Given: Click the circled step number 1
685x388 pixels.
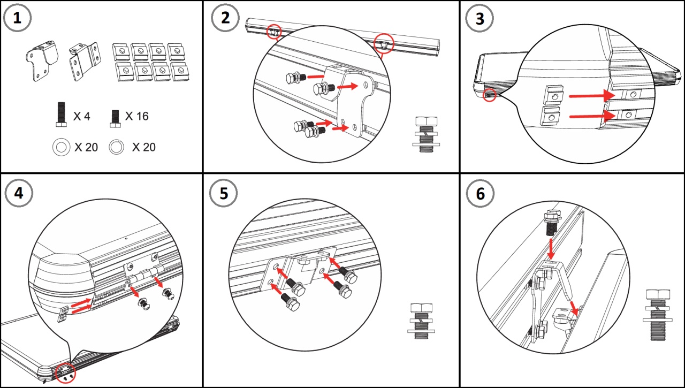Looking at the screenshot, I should coord(18,18).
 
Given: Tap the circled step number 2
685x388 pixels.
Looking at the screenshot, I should coord(225,18).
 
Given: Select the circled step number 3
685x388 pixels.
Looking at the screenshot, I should coord(480,18).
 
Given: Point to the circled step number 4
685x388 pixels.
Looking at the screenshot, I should coord(18,194).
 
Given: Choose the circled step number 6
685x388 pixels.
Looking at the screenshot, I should coord(480,194).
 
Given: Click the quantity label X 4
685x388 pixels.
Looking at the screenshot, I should coord(82,116).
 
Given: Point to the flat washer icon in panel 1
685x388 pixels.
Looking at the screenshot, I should coord(61,147).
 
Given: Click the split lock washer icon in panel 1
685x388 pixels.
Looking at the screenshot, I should coord(116,147).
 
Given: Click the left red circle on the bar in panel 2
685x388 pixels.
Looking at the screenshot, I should coord(273,32).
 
